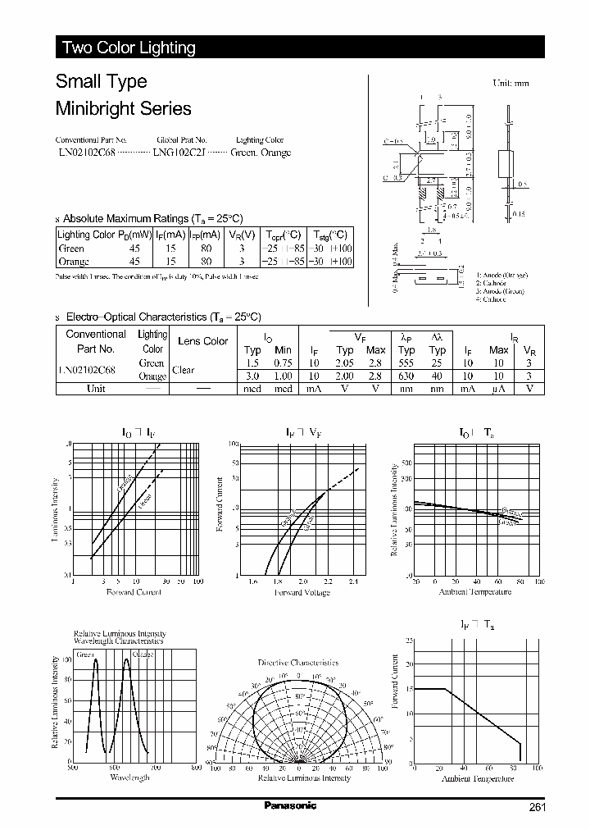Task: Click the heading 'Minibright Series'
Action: tap(123, 108)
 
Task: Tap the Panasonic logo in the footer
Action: tap(289, 806)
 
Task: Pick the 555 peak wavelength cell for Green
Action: tap(406, 363)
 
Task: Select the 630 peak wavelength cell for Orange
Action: tap(406, 376)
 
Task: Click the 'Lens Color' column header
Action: tap(202, 341)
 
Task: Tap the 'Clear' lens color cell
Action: tap(184, 370)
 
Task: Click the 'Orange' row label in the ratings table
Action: tap(74, 262)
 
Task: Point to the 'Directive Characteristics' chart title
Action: tap(297, 662)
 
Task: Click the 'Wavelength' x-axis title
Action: tap(129, 777)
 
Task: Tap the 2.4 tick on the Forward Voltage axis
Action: tap(352, 581)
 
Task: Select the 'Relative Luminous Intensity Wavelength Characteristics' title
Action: tap(120, 637)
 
